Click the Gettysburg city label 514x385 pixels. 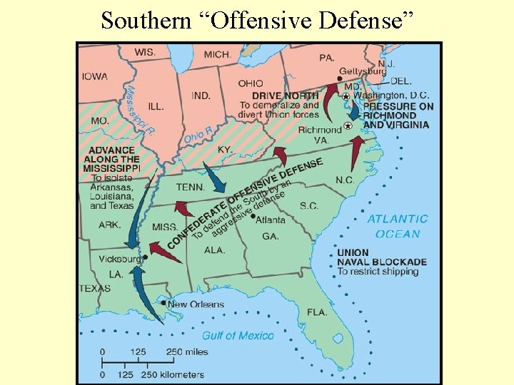point(362,71)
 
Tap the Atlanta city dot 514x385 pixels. point(253,216)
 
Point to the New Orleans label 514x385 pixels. point(196,304)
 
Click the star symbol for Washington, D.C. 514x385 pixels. point(346,96)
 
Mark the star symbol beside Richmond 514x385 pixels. point(348,125)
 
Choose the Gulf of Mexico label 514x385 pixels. point(237,335)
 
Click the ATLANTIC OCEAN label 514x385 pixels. point(398,227)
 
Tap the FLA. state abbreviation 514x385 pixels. point(317,312)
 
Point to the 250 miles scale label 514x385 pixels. point(186,352)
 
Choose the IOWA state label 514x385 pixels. point(94,77)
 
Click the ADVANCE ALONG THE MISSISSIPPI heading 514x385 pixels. point(111,160)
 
